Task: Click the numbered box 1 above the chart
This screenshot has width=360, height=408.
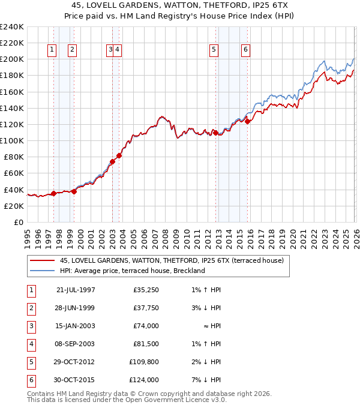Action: tap(52, 50)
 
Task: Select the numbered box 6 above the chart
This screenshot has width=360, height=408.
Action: tap(246, 50)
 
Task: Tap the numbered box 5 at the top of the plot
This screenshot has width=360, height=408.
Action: tap(214, 50)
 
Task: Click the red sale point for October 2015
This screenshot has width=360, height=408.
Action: tap(247, 121)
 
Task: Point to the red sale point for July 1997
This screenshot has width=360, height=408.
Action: tap(53, 193)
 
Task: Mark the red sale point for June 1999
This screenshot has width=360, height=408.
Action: tap(74, 191)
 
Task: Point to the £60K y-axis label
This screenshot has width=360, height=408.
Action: tap(13, 173)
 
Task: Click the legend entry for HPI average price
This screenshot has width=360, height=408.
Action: tap(132, 271)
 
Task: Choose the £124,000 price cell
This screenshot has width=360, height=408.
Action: tap(145, 380)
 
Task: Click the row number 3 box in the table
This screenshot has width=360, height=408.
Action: tap(30, 326)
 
